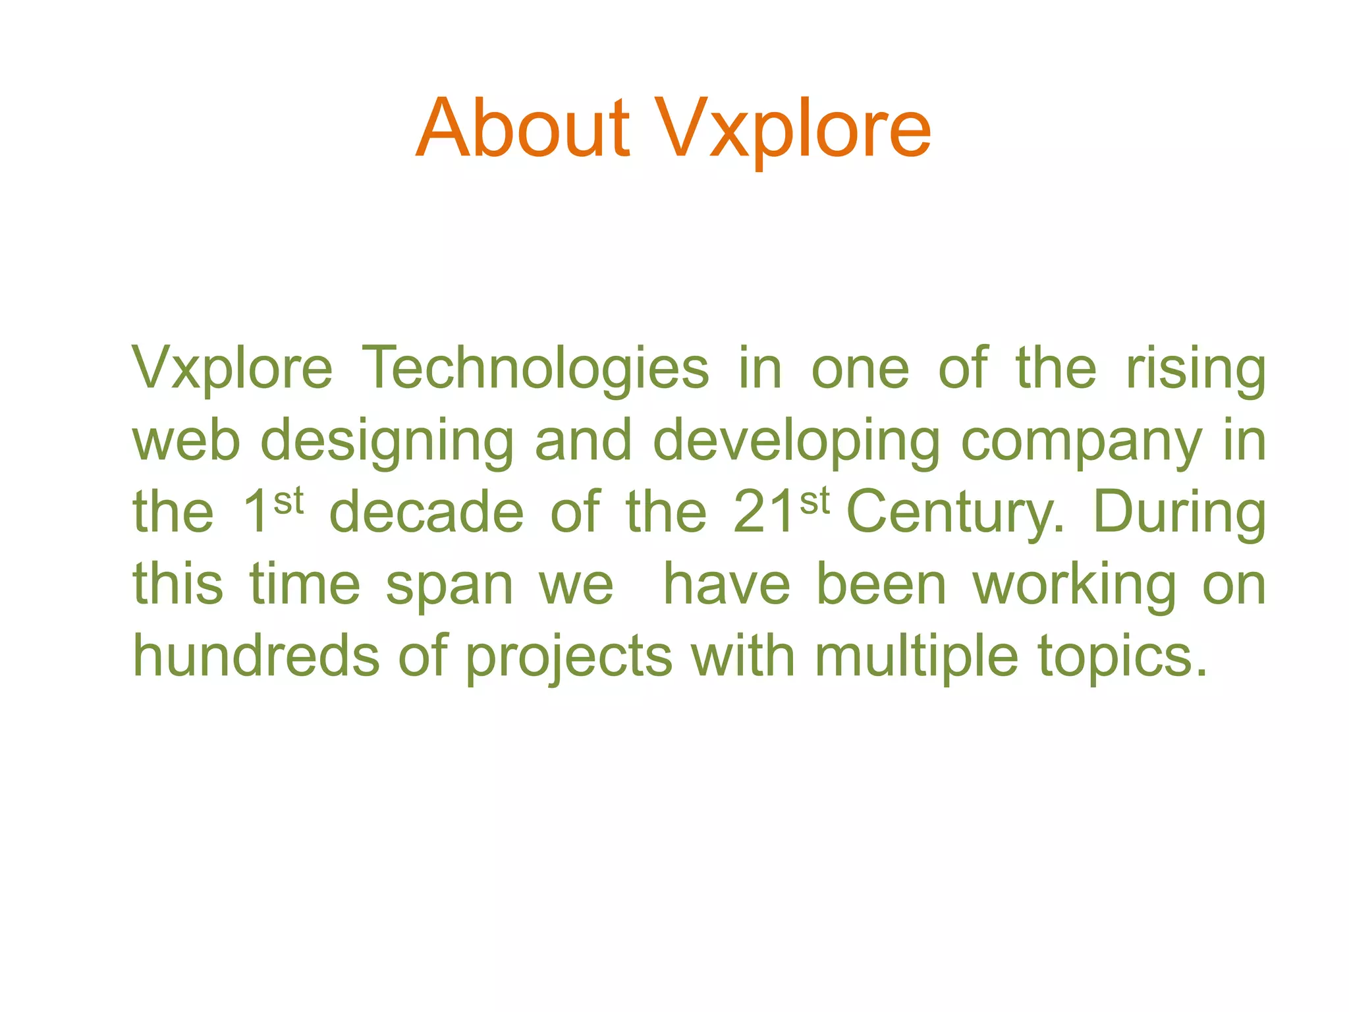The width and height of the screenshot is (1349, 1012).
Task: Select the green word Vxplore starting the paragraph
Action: pos(233,369)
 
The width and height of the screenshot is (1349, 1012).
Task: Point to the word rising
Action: pos(1196,369)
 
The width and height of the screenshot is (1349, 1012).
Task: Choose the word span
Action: pos(449,586)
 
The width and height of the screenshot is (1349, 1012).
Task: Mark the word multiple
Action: pos(916,658)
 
